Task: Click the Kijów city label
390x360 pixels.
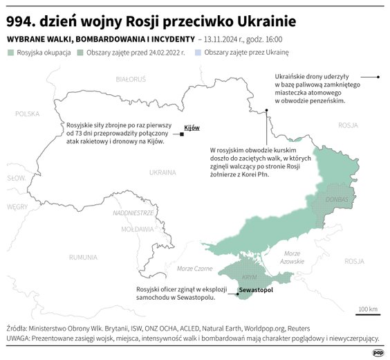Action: tap(192, 128)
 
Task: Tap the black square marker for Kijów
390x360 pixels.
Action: tap(181, 134)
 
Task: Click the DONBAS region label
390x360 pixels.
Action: tap(336, 199)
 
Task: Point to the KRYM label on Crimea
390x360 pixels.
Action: tap(250, 276)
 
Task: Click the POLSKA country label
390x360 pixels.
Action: tap(28, 114)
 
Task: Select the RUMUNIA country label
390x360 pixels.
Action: tap(83, 257)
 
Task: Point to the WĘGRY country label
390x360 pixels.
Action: tap(17, 206)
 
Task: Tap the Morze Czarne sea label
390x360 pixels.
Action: tap(194, 268)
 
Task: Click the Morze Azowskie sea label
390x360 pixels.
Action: tap(292, 258)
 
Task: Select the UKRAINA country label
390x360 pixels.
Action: tap(163, 172)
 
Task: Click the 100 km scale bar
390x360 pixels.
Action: tap(368, 314)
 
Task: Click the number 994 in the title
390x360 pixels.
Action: tap(20, 17)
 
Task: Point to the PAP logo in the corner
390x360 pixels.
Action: tap(378, 352)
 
